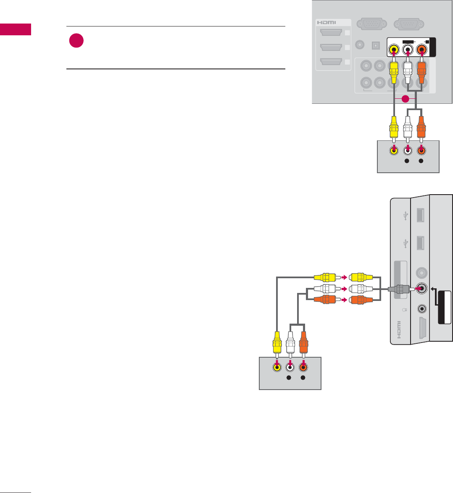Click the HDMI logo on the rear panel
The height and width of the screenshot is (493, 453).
pyautogui.click(x=327, y=23)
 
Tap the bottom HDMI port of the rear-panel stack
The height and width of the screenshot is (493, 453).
pyautogui.click(x=331, y=62)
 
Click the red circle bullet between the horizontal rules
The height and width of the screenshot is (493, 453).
pyautogui.click(x=76, y=41)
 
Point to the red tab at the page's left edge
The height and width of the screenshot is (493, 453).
pyautogui.click(x=16, y=29)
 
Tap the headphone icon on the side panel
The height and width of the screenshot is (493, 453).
pyautogui.click(x=404, y=310)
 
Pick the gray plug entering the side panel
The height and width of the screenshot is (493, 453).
pyautogui.click(x=399, y=289)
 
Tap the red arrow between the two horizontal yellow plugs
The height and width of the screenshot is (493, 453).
pyautogui.click(x=343, y=277)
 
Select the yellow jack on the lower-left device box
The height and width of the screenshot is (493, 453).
pyautogui.click(x=277, y=367)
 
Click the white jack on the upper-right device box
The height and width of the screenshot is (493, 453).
pyautogui.click(x=407, y=150)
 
